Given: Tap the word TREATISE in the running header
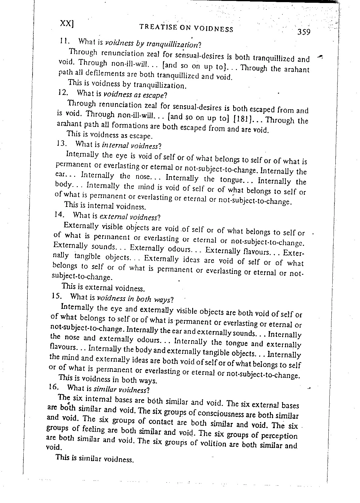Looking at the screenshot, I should [x=157, y=27].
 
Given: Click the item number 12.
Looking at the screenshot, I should [x=62, y=92].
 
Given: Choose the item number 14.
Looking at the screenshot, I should [x=58, y=214].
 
